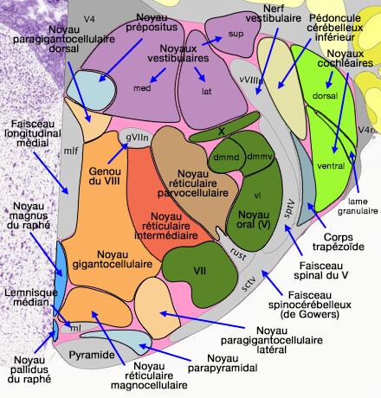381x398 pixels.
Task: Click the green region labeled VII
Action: [200, 271]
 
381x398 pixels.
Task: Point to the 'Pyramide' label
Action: [89, 356]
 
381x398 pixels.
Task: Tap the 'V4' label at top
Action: [89, 18]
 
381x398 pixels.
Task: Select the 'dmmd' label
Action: [223, 157]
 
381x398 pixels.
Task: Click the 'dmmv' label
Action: [257, 156]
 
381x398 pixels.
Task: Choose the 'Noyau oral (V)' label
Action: [253, 220]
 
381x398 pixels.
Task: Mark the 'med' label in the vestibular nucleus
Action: [141, 88]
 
